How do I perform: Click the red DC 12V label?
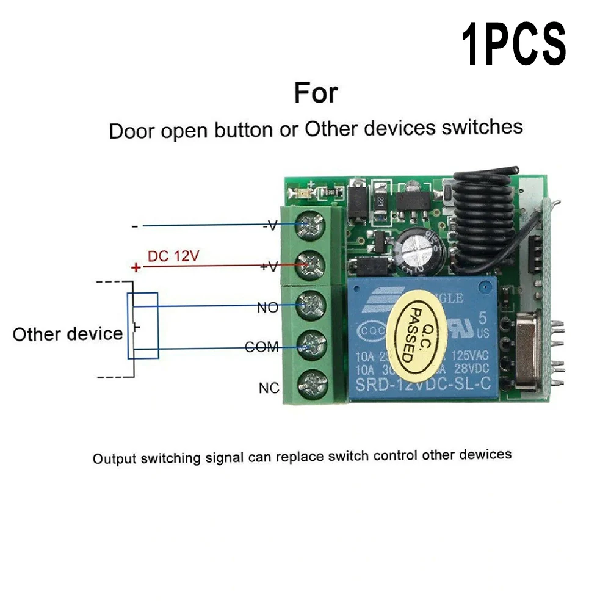173,256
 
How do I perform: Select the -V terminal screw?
311,225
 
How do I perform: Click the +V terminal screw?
311,265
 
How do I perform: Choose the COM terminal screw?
311,345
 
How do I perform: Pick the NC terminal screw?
311,385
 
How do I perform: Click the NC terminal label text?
269,388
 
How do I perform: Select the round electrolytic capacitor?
414,250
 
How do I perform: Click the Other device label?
67,334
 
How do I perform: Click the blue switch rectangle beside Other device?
143,325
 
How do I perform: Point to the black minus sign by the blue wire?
134,226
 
